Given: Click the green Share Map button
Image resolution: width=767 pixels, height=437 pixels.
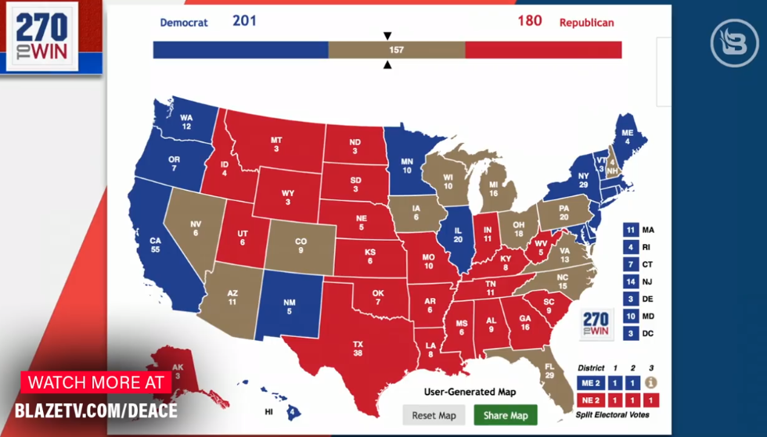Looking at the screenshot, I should (506, 415).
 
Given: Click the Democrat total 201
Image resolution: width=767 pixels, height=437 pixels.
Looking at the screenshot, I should (244, 20).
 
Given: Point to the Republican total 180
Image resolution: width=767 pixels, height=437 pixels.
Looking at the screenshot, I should (529, 20).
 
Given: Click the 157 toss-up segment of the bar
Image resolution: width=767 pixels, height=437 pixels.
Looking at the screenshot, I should (396, 49).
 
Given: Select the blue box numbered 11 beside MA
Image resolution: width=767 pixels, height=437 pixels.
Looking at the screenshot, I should (630, 230).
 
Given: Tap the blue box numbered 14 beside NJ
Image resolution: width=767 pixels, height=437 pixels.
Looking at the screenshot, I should (630, 281).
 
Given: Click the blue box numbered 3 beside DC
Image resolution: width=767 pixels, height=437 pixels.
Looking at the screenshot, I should (630, 334).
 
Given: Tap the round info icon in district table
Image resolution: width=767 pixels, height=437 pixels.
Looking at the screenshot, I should (650, 382).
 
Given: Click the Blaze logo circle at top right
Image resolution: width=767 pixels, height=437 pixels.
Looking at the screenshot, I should (734, 43).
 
